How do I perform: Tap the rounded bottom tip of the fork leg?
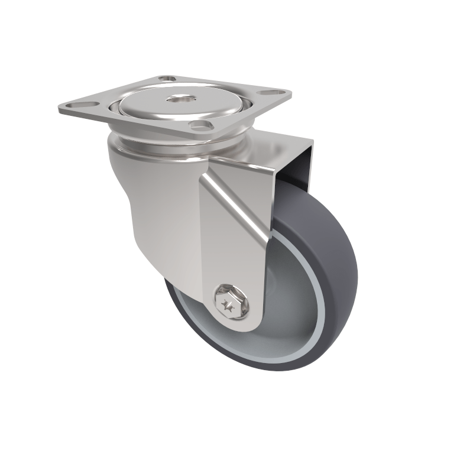(x=237, y=328)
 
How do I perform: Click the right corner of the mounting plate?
(x=289, y=93)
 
